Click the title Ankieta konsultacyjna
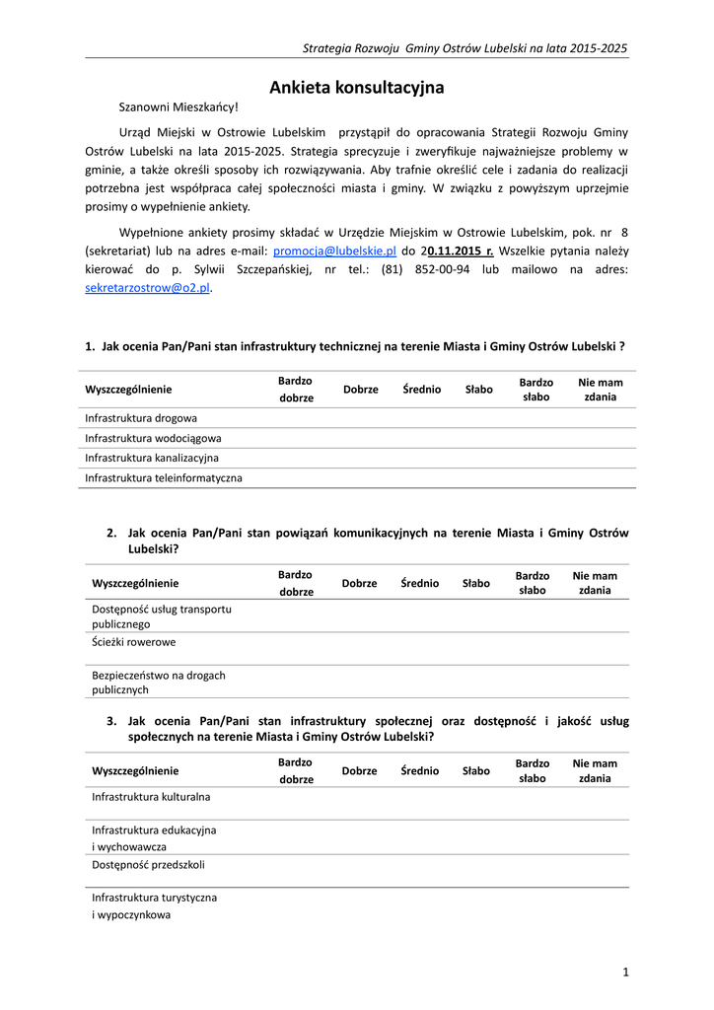[x=357, y=88]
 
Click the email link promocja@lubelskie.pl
[x=334, y=252]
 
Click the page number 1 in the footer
[x=625, y=974]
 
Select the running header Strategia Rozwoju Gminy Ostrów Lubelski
[x=464, y=47]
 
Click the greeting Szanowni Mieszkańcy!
[x=178, y=107]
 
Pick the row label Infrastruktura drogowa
[x=141, y=418]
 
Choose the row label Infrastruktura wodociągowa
[x=153, y=438]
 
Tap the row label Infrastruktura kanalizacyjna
[x=152, y=458]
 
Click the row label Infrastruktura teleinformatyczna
[x=164, y=478]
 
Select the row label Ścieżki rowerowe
[x=134, y=642]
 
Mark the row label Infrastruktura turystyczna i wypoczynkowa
[x=155, y=906]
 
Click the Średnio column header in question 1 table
[x=422, y=390]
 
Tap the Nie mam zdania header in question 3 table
[x=595, y=770]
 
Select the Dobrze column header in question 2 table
[x=359, y=583]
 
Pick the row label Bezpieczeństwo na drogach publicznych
[x=159, y=683]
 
